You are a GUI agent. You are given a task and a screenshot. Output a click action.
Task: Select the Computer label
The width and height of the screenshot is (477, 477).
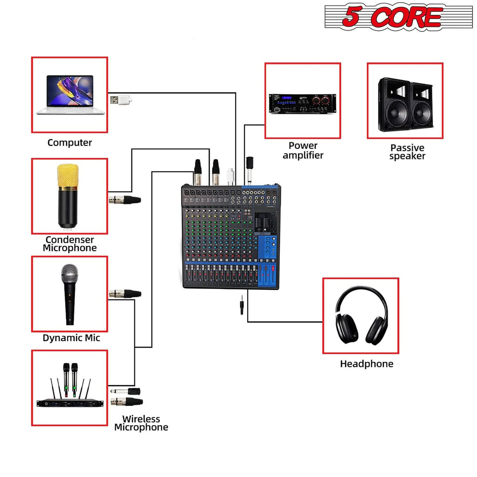coord(70,143)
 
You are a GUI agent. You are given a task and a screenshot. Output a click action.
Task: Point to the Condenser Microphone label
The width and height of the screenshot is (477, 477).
coord(70,244)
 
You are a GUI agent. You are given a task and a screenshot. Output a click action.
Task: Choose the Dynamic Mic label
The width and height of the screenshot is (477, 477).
coord(71,338)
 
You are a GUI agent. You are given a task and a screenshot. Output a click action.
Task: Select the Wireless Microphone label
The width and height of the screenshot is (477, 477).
coord(141,423)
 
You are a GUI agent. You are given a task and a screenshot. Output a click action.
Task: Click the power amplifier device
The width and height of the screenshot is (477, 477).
coord(302,104)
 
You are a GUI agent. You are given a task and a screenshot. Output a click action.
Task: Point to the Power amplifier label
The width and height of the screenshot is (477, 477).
coord(303,151)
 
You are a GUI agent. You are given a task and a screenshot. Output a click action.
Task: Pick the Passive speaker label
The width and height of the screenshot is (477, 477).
coord(407,152)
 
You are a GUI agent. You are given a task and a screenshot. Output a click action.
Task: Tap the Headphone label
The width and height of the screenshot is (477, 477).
coord(366,364)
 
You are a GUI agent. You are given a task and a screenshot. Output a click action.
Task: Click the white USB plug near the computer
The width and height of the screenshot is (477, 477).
coord(120,100)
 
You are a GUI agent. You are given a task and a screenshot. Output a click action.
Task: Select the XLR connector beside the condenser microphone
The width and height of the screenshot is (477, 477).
coord(125,200)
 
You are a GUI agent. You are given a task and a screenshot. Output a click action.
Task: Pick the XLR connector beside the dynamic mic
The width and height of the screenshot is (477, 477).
coord(125,293)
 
